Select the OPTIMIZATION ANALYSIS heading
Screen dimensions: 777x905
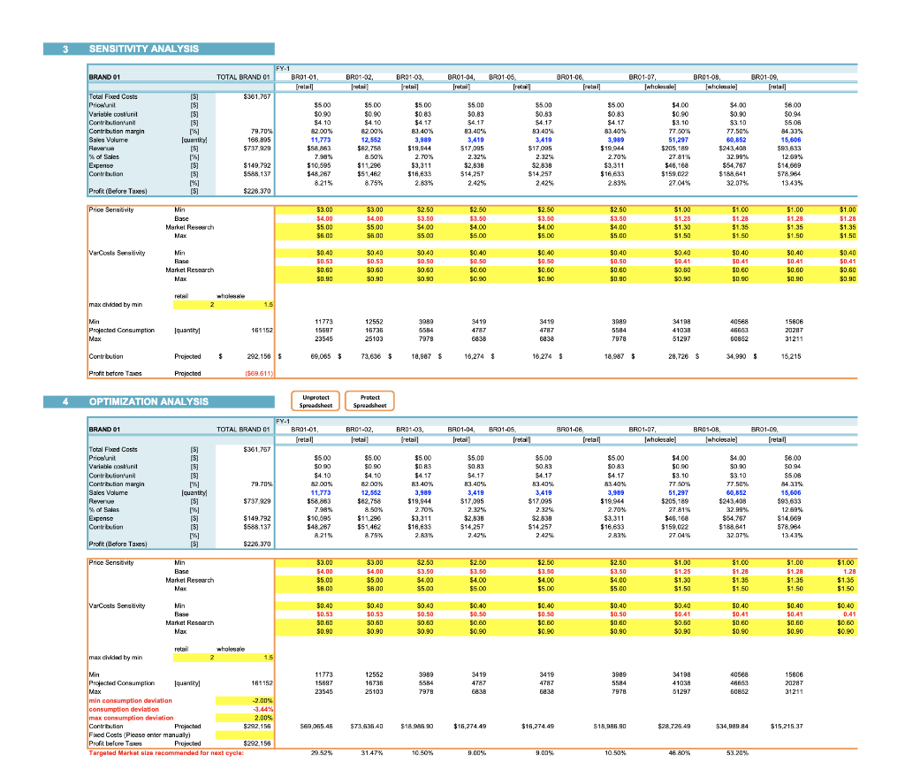tap(148, 401)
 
